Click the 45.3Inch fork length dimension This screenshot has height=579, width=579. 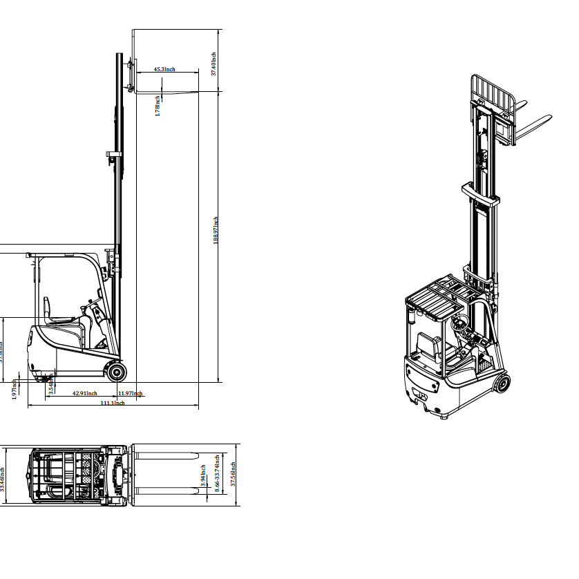(x=164, y=69)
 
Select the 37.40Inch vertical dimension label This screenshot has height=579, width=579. (x=214, y=64)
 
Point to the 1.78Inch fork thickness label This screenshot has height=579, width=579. (x=158, y=106)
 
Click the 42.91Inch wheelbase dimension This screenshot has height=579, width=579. (x=84, y=394)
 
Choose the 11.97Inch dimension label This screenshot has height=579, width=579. (x=130, y=394)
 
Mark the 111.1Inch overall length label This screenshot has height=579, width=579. (x=113, y=404)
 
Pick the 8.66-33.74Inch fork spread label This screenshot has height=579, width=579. (x=217, y=473)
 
